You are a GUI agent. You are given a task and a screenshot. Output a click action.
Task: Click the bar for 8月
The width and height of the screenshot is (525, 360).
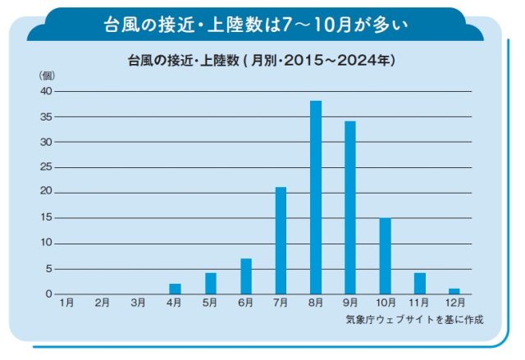click(x=315, y=198)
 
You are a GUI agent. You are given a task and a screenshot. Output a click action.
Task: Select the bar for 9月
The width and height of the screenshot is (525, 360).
click(x=350, y=207)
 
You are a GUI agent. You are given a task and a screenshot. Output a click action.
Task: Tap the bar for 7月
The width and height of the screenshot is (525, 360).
click(x=281, y=240)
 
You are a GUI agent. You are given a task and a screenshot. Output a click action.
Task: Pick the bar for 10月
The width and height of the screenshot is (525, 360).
click(x=385, y=256)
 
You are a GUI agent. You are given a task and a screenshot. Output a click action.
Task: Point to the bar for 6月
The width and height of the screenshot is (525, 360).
click(x=245, y=276)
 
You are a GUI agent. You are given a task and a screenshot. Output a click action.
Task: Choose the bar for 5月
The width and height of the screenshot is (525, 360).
click(x=210, y=284)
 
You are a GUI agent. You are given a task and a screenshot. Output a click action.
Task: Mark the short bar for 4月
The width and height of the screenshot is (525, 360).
click(x=176, y=289)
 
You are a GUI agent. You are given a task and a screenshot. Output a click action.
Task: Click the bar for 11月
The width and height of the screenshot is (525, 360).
click(x=420, y=284)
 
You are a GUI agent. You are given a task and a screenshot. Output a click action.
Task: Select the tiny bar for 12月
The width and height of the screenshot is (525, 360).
click(x=454, y=291)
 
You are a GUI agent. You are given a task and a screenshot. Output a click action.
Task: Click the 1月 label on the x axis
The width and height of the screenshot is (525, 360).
click(x=67, y=303)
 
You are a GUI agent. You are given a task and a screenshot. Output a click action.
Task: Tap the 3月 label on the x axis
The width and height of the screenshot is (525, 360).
click(x=138, y=303)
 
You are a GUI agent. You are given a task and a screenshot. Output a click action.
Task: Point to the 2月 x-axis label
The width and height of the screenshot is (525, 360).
click(x=103, y=303)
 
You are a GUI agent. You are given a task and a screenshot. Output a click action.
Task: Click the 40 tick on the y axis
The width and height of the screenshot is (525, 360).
click(x=46, y=91)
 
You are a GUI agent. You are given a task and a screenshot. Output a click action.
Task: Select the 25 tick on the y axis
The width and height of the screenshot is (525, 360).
click(x=46, y=167)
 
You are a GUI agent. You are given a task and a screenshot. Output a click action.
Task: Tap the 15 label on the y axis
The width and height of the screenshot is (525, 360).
click(x=46, y=218)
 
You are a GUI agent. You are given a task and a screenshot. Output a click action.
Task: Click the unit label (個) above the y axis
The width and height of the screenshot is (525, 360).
click(x=46, y=75)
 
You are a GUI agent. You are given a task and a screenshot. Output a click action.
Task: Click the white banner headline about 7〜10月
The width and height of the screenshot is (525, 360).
click(x=262, y=22)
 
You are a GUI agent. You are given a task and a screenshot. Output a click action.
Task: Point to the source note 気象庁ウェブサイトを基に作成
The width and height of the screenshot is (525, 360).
click(x=414, y=319)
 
